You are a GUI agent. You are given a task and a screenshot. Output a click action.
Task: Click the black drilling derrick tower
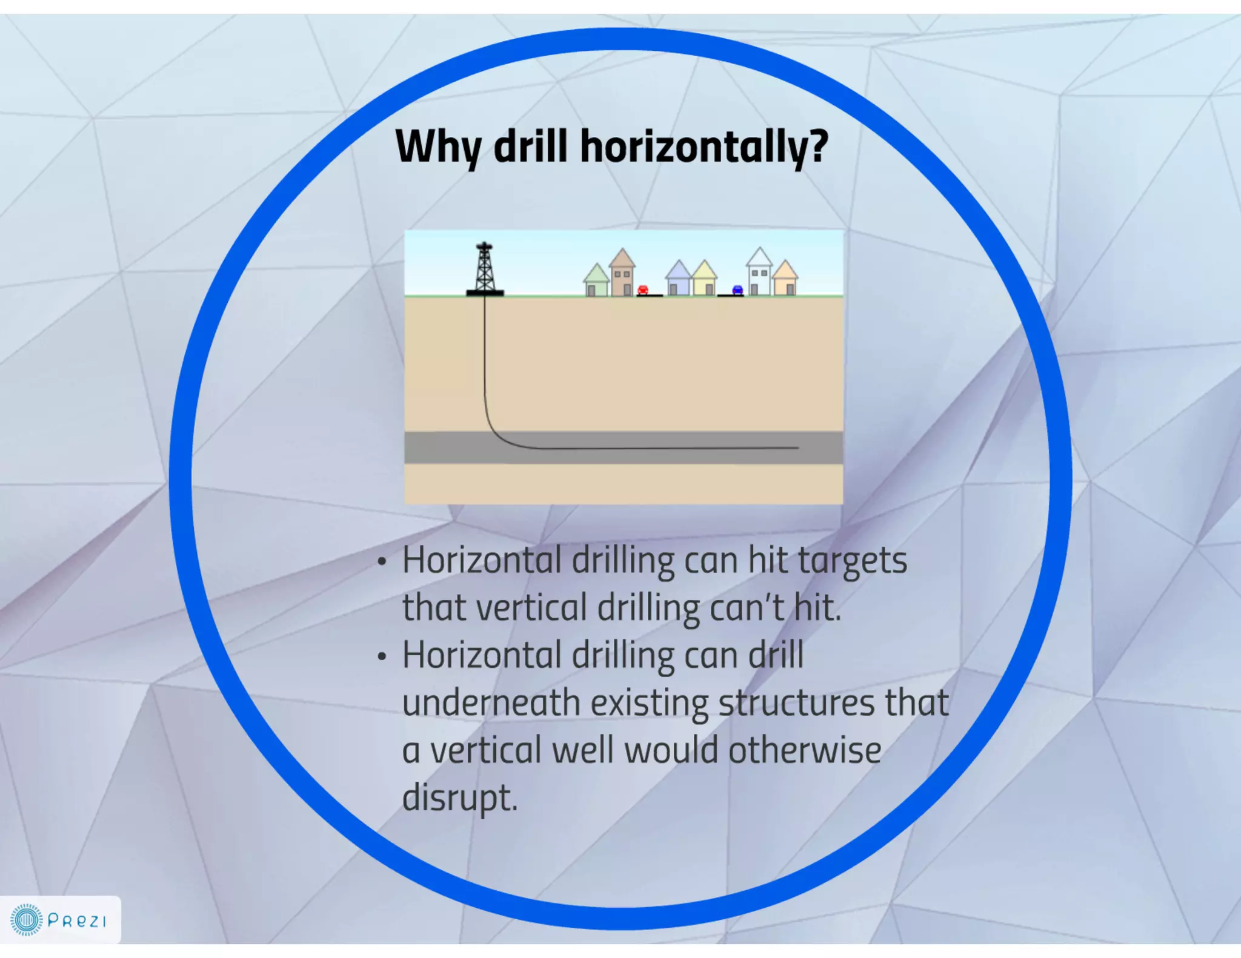484,269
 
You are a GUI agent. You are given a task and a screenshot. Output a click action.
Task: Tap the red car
643,289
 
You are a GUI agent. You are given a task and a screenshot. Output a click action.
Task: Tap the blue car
737,289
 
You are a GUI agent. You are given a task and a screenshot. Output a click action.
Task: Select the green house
596,282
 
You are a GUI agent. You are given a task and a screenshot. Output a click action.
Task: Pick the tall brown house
622,274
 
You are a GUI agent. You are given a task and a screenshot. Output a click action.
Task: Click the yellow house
705,280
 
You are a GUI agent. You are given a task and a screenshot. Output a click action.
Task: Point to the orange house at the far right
786,279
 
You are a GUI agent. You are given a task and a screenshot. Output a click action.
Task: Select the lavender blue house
678,280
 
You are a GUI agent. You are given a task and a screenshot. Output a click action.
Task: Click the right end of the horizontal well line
796,448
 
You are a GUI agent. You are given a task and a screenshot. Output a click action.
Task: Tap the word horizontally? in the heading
704,147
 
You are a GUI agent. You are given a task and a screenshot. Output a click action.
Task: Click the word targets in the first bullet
853,561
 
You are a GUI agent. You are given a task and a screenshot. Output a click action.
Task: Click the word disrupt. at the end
460,798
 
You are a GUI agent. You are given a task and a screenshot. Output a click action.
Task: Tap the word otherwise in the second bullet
805,750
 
